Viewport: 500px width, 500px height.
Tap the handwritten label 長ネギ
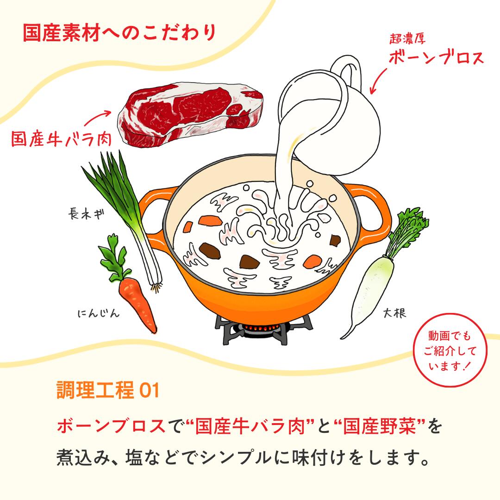pyautogui.click(x=87, y=213)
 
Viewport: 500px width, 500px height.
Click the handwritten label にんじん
pyautogui.click(x=99, y=313)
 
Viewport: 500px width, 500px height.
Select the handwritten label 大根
pyautogui.click(x=394, y=313)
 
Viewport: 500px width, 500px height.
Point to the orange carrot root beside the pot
pyautogui.click(x=137, y=303)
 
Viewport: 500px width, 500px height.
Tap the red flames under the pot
pyautogui.click(x=259, y=327)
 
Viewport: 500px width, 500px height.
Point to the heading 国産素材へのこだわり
pyautogui.click(x=119, y=32)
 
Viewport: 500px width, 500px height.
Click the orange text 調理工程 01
pyautogui.click(x=108, y=390)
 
